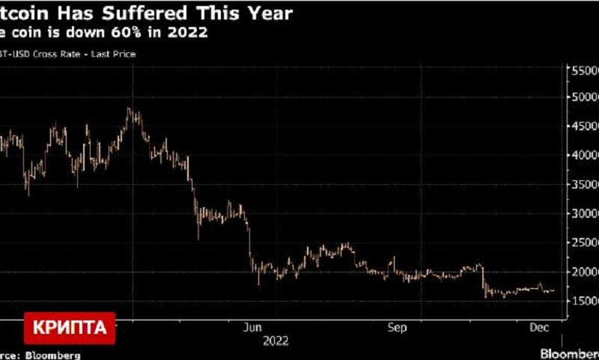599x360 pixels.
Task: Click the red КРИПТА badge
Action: tap(73, 327)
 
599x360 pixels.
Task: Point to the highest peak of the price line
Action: tap(129, 109)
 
